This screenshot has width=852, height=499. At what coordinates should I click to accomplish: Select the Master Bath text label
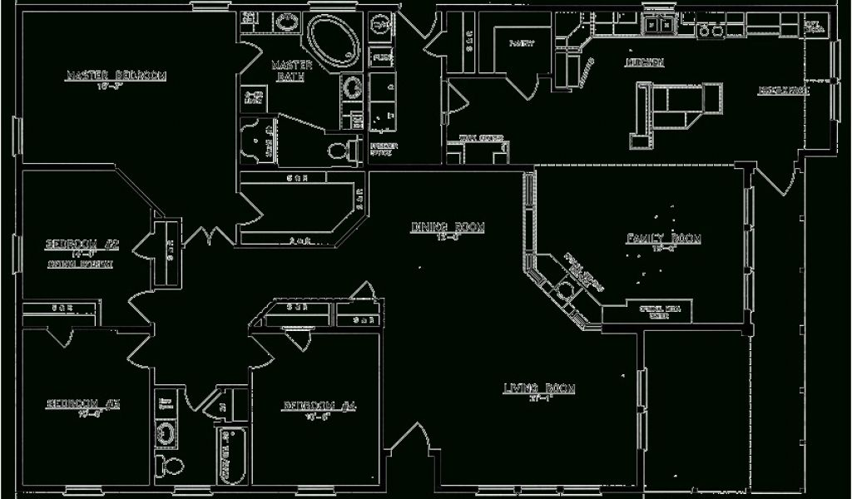click(291, 71)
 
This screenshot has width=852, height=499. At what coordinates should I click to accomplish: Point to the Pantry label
click(522, 42)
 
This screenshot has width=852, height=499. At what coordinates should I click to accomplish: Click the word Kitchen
click(645, 63)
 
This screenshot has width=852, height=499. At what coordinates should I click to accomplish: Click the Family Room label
click(663, 239)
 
